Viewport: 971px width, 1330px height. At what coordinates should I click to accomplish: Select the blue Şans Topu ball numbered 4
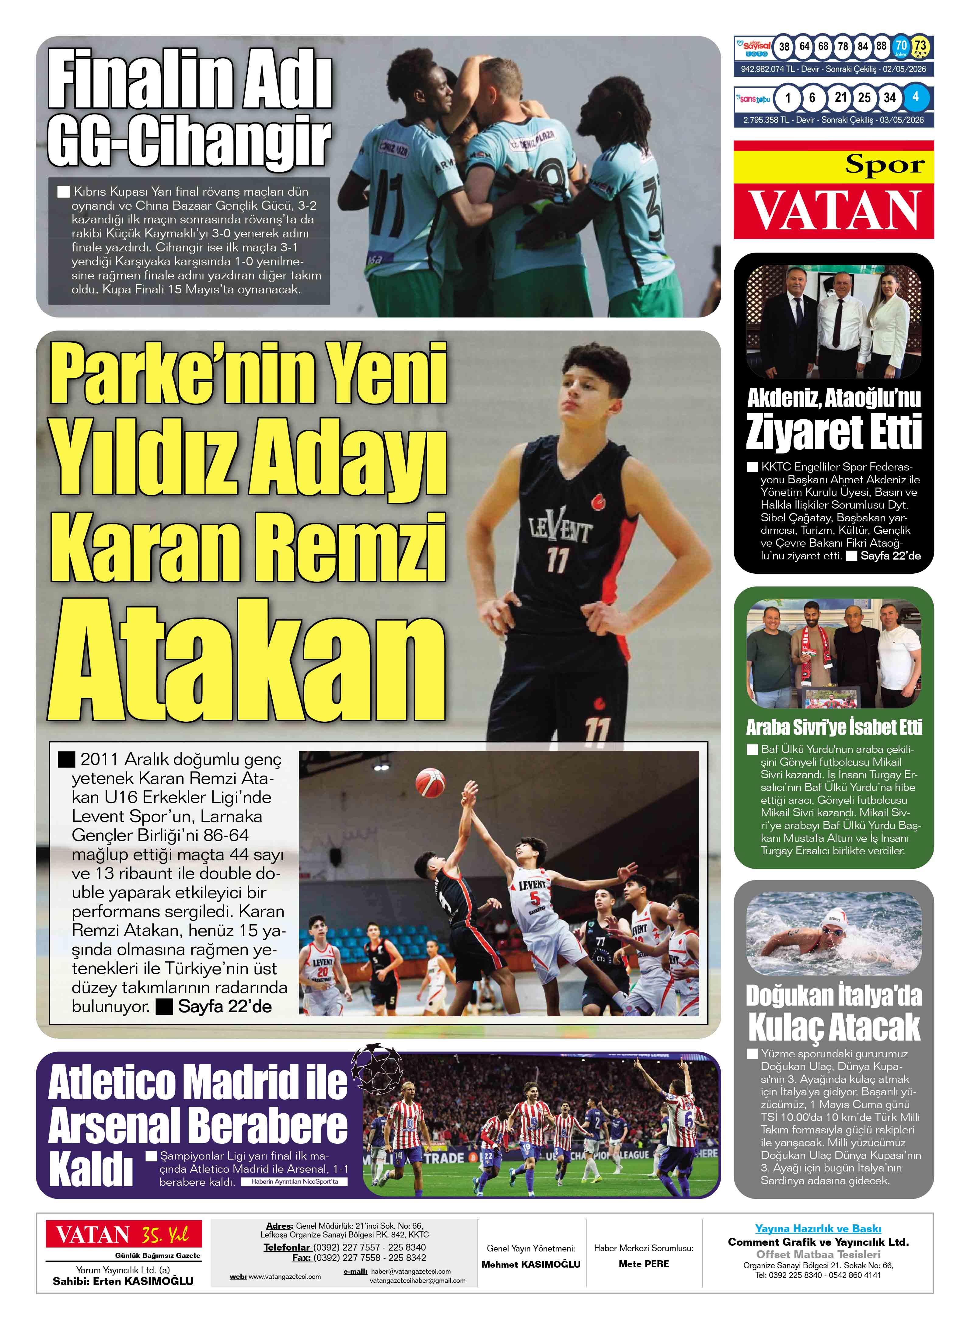coord(915,97)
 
